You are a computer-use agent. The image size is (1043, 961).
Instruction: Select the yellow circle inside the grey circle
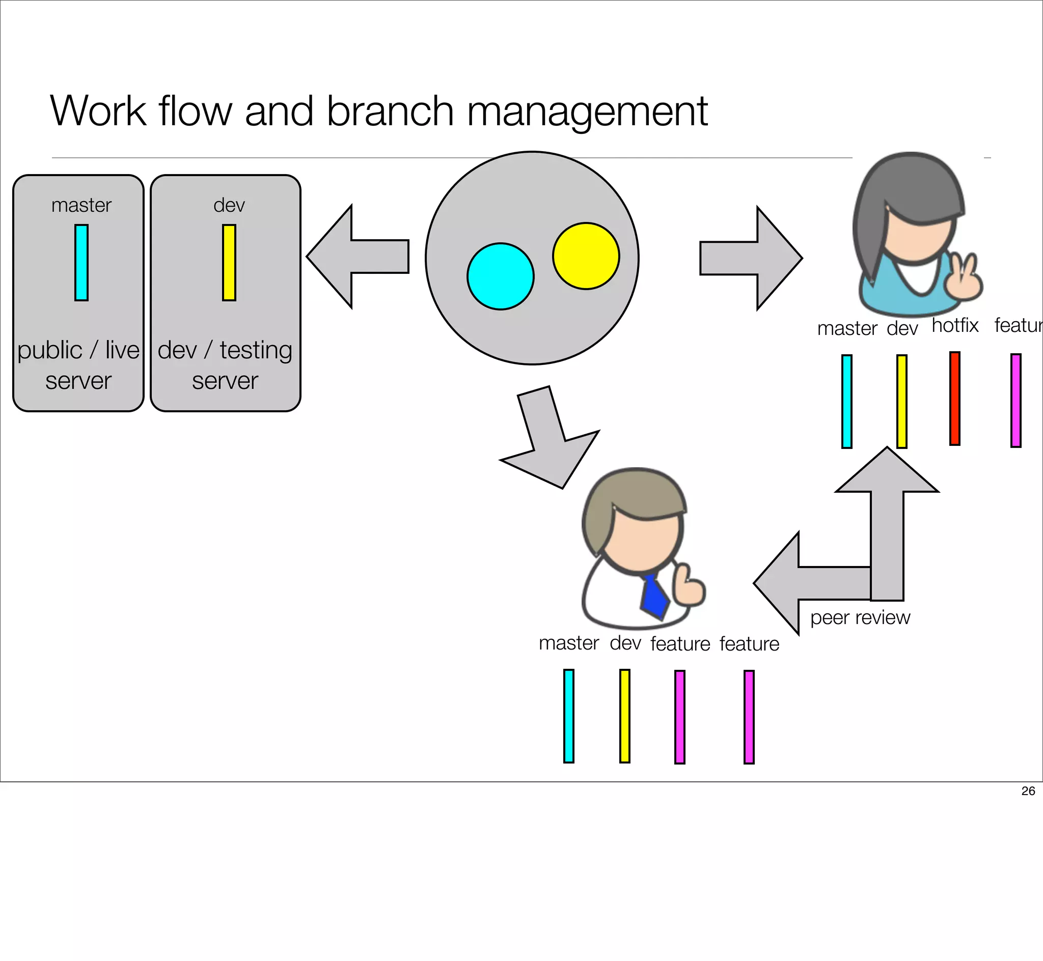coord(586,256)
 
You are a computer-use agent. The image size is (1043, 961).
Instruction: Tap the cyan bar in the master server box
coord(81,263)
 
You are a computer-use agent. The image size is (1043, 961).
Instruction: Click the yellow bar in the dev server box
coord(229,263)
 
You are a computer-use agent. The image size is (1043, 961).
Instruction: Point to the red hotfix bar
coord(954,399)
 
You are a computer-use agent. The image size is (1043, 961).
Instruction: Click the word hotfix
coord(955,326)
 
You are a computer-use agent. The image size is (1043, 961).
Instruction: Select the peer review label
coord(860,618)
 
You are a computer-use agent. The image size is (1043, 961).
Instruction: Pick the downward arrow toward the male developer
coord(552,442)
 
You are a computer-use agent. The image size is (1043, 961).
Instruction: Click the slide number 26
coord(1028,791)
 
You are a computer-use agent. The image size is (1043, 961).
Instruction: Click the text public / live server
coord(78,364)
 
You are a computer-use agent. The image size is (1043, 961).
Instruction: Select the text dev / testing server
coord(225,364)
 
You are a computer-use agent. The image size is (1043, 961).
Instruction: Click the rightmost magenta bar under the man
coord(749,717)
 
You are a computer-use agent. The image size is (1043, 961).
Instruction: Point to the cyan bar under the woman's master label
coord(847,401)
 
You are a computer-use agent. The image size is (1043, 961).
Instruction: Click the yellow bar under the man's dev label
coord(625,716)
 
